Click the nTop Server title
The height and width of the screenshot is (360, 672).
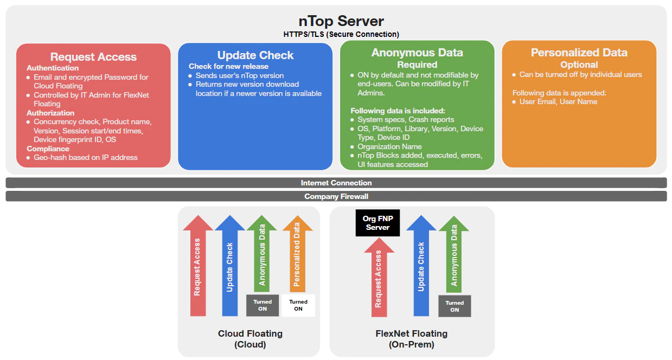click(x=341, y=21)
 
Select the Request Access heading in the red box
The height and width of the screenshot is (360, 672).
click(x=93, y=57)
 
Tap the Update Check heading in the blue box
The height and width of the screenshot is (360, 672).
click(x=255, y=55)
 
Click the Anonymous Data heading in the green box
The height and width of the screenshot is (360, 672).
click(x=417, y=53)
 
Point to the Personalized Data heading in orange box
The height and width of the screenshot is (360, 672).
click(x=579, y=53)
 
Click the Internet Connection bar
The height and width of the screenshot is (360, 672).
click(x=336, y=183)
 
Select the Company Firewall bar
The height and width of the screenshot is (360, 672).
click(x=336, y=196)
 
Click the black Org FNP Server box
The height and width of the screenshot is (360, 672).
click(x=377, y=223)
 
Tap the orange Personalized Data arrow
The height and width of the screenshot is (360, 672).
click(x=297, y=255)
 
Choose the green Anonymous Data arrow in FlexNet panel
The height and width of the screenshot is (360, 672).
click(x=454, y=255)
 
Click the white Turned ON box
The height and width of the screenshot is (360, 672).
click(x=298, y=305)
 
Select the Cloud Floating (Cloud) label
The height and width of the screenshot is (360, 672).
click(x=250, y=339)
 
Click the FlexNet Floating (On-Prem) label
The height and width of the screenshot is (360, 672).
click(x=412, y=339)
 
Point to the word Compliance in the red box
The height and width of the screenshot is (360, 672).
click(x=48, y=149)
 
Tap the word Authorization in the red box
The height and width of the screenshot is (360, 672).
click(x=50, y=113)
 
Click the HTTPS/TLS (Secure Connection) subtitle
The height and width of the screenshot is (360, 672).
click(x=341, y=34)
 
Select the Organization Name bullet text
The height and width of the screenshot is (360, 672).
click(x=389, y=146)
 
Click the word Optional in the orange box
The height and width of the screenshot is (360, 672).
click(x=579, y=65)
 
